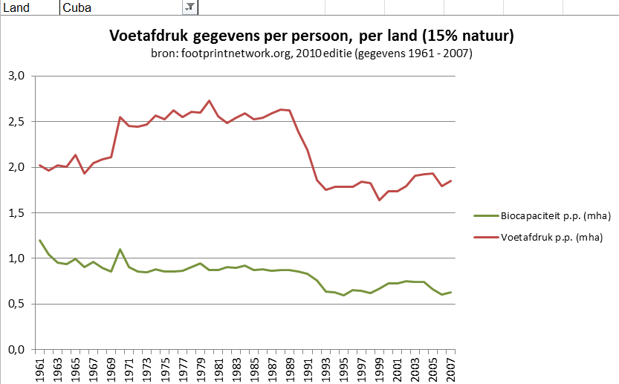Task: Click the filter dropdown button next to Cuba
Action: click(x=189, y=7)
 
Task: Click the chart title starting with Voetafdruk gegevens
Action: click(x=312, y=36)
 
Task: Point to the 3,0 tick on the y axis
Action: click(x=17, y=76)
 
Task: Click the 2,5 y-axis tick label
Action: click(x=17, y=122)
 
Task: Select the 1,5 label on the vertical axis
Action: click(x=17, y=213)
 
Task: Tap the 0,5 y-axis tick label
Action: click(x=17, y=304)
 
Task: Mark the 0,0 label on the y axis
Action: click(x=17, y=350)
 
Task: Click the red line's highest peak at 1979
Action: click(x=209, y=100)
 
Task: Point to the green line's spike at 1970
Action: click(x=120, y=250)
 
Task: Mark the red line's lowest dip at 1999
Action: click(x=379, y=200)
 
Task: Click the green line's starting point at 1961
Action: click(x=40, y=241)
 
